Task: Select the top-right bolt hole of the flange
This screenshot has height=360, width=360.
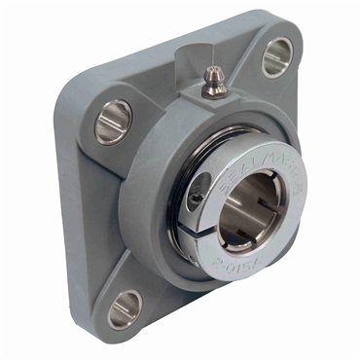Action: (x=276, y=56)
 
